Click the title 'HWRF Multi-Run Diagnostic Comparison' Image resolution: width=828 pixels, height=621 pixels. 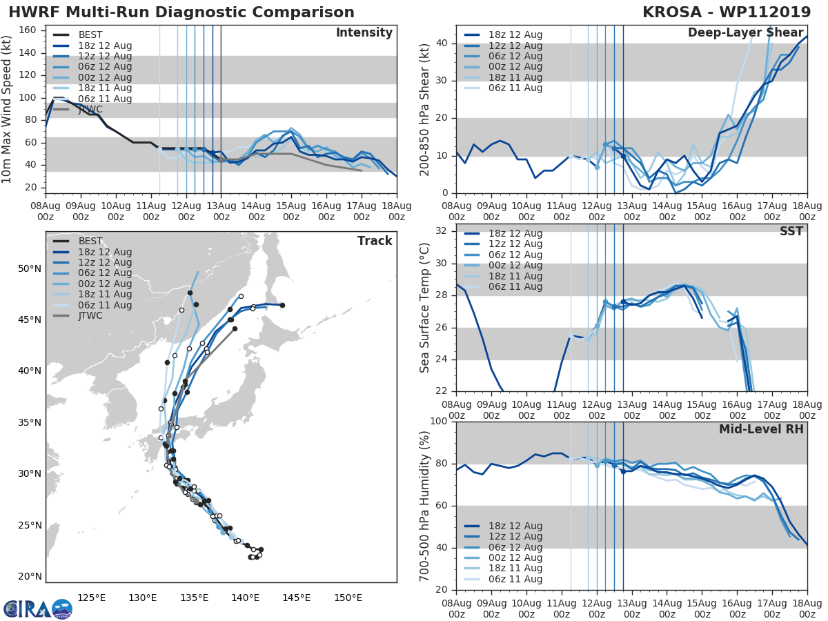click(181, 12)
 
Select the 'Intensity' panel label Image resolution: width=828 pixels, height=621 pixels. click(364, 33)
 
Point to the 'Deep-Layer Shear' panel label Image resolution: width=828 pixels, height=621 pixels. click(745, 33)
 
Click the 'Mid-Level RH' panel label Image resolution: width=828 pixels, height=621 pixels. click(761, 429)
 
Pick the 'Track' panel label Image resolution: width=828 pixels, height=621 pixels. click(375, 241)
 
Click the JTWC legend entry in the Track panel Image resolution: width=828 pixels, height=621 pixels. click(90, 316)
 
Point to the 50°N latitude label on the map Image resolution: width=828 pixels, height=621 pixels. click(30, 268)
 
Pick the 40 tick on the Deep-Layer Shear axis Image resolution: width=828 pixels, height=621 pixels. click(442, 43)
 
